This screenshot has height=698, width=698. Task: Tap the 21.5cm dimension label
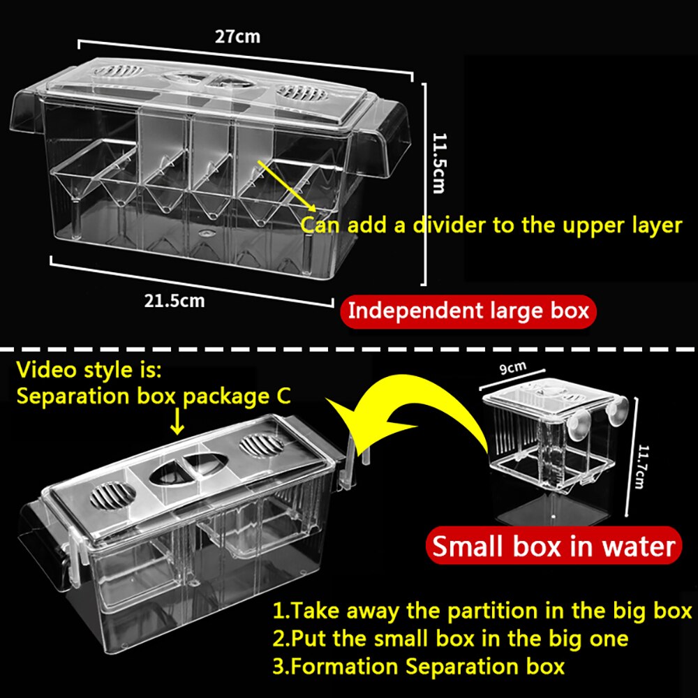174,301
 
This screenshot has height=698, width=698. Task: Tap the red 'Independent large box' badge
468,310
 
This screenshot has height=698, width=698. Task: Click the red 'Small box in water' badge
554,545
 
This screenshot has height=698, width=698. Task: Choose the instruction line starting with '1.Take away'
482,611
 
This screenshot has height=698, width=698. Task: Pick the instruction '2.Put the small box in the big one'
450,638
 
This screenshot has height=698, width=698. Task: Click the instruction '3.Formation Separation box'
418,665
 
